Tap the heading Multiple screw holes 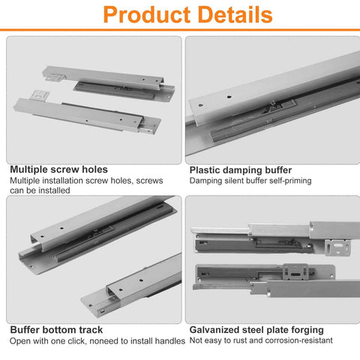coord(58,170)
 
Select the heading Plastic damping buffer coord(241,170)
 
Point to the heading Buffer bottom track coord(55,329)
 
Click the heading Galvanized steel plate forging coord(256,329)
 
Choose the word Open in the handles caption coord(21,340)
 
